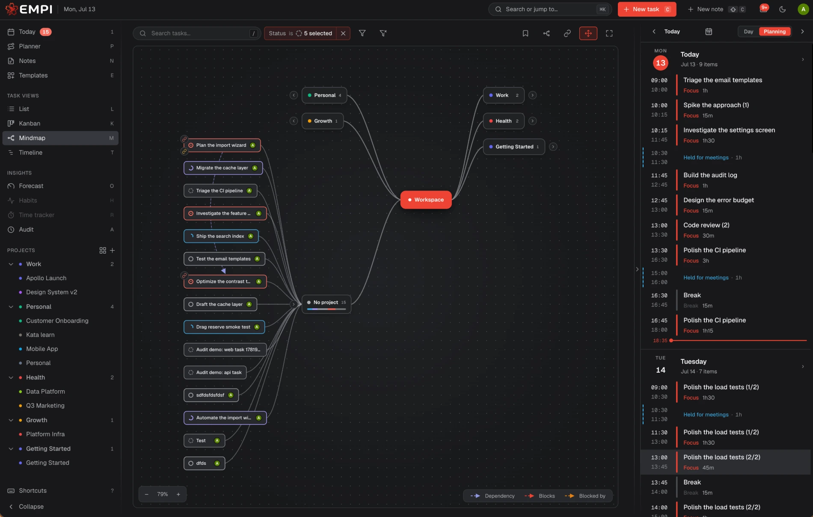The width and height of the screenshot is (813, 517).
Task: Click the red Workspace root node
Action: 426,200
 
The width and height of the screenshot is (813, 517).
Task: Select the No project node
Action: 326,304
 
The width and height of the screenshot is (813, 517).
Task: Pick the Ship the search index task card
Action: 221,236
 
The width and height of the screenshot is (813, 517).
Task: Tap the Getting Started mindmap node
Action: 514,146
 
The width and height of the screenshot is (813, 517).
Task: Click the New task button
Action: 647,9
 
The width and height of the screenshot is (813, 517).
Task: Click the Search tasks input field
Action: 197,33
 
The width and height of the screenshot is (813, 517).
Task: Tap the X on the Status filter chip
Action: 343,33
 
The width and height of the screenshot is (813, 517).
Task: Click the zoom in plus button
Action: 178,494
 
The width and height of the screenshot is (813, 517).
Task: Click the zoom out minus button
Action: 147,494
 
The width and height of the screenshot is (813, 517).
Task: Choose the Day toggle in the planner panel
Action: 748,32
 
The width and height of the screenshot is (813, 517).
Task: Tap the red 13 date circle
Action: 661,63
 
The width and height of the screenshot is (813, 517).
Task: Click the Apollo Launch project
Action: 46,278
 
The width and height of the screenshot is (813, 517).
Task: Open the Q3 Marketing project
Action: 45,406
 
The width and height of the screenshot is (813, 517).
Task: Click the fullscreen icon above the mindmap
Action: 609,33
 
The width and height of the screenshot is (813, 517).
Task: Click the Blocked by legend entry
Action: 585,496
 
